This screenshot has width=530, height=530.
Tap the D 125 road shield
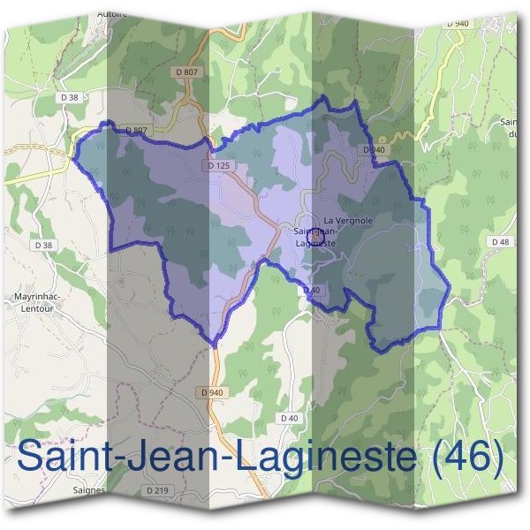click(x=219, y=165)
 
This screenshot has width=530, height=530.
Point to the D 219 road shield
click(x=158, y=489)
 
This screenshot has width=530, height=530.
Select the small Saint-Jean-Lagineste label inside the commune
click(x=314, y=236)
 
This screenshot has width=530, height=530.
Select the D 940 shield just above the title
click(x=211, y=392)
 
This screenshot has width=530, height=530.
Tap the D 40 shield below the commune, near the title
click(x=289, y=417)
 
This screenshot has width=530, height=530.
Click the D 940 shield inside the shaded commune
click(x=374, y=150)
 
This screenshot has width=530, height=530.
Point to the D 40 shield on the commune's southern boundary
click(x=309, y=290)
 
